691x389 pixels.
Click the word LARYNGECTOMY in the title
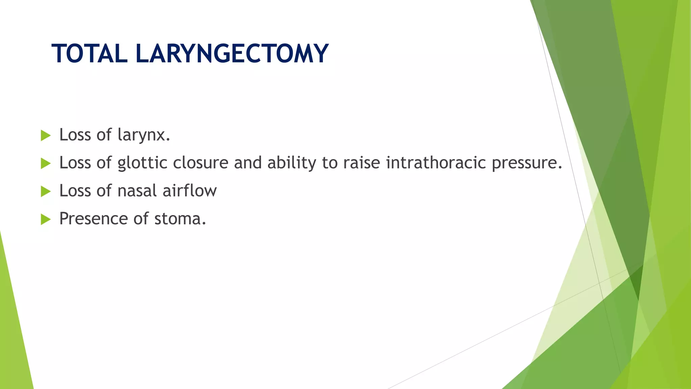232,54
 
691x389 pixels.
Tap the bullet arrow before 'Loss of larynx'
45,136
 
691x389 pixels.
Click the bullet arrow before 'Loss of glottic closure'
45,163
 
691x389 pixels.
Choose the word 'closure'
201,163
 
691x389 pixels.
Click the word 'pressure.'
527,163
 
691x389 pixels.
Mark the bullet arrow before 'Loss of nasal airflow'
45,191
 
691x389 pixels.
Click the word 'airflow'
190,191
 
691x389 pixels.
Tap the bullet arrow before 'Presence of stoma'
45,219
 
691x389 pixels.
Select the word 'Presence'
93,219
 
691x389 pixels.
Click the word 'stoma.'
180,219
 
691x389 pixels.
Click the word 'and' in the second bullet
248,163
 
